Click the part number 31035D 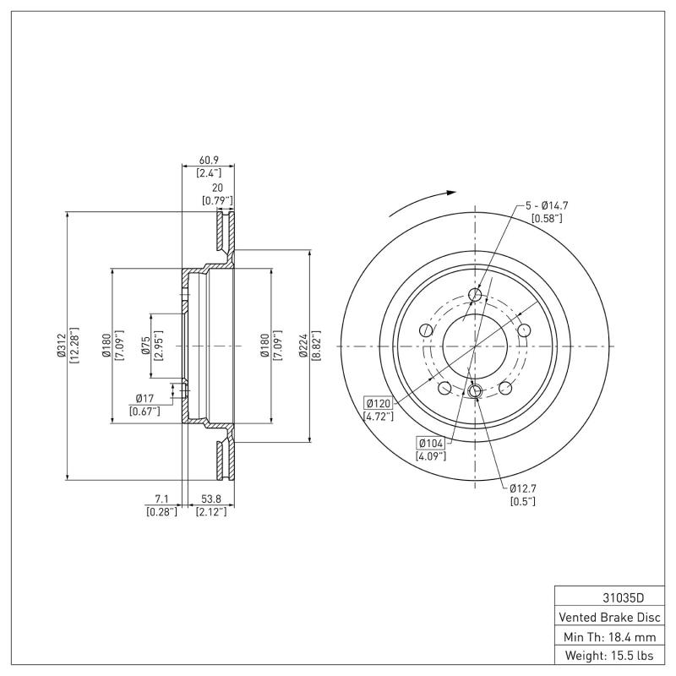click(608, 597)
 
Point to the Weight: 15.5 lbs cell click(608, 655)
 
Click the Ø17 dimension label click(144, 398)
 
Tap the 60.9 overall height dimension click(209, 160)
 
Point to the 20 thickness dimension click(217, 188)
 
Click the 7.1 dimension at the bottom click(161, 499)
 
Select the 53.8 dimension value click(209, 499)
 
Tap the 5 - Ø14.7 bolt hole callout click(548, 205)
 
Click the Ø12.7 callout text click(523, 488)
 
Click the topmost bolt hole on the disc click(475, 295)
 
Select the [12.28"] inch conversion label click(74, 346)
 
